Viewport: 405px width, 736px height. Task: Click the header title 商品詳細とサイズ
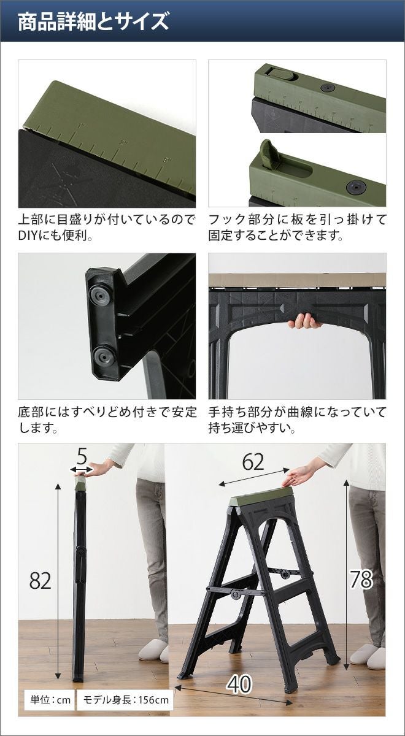(x=93, y=22)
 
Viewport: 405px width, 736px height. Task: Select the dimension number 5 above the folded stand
(x=82, y=456)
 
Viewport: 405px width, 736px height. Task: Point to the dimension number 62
(x=253, y=462)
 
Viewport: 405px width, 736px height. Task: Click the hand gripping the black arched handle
(x=304, y=321)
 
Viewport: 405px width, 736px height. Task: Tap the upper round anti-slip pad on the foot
(x=101, y=296)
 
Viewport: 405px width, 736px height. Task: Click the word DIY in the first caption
(x=28, y=236)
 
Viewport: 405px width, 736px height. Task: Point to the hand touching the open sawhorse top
(x=299, y=475)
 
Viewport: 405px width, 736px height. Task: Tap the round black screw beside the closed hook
(x=328, y=88)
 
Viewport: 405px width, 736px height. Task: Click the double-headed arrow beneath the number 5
(x=82, y=470)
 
